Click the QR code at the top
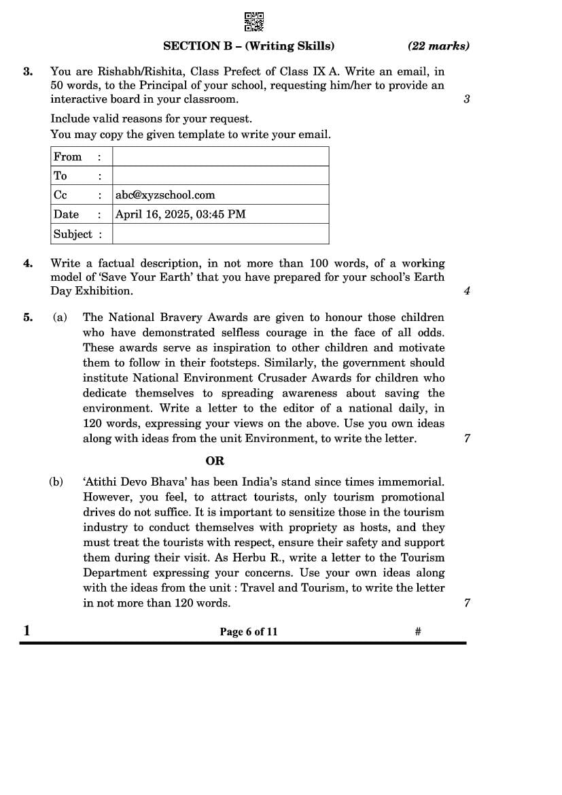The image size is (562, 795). (253, 22)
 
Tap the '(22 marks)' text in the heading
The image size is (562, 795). (438, 46)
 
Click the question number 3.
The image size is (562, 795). (27, 71)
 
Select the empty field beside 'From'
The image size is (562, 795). (220, 156)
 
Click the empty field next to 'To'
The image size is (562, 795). (220, 175)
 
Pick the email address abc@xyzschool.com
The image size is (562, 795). (165, 195)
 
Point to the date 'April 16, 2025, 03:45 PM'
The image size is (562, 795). (181, 214)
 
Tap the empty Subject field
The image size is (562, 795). (220, 234)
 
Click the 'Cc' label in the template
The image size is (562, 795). (60, 195)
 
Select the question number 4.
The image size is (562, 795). (27, 263)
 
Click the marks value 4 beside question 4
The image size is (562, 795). (467, 291)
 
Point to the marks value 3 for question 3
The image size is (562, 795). (467, 99)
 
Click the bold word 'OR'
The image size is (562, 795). (215, 460)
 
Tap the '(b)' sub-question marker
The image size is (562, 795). (56, 482)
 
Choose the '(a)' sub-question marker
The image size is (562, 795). (60, 318)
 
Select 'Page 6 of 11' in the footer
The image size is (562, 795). (249, 632)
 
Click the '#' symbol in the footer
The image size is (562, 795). (418, 632)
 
